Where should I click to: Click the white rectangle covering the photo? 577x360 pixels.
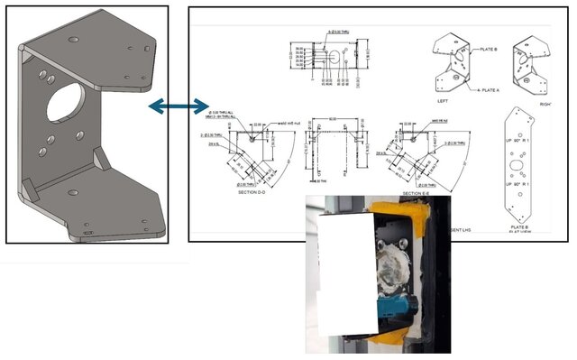point(343,271)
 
